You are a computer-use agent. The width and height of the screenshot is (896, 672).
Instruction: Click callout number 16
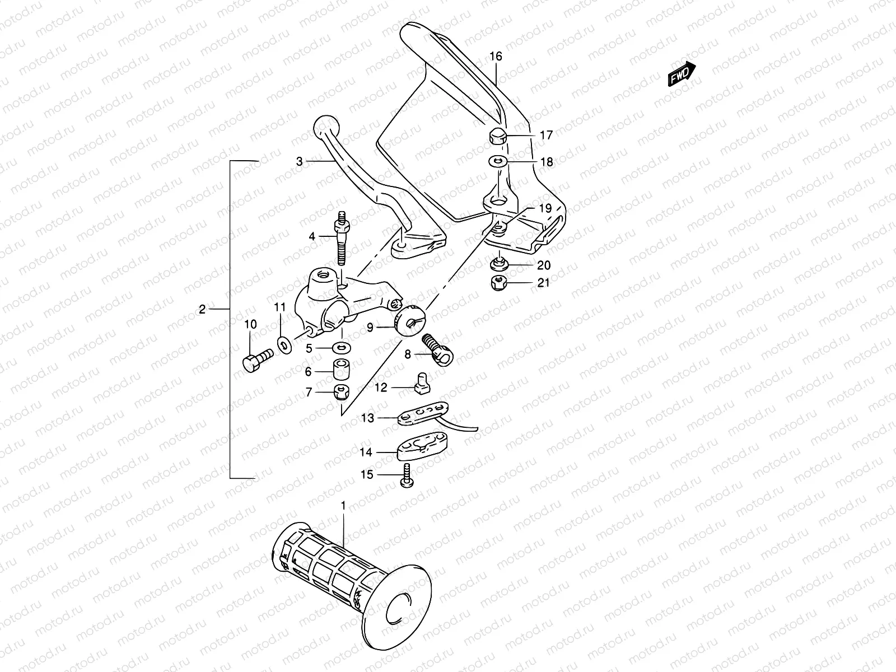pos(496,56)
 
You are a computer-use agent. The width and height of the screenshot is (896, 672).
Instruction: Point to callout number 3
pos(300,161)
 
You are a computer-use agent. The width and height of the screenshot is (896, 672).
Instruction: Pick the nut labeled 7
pos(340,393)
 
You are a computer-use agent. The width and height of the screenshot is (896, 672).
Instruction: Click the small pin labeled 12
pos(421,384)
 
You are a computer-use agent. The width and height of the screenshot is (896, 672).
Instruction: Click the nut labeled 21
pos(497,283)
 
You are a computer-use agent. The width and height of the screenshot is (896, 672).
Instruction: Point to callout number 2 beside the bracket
pos(203,309)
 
